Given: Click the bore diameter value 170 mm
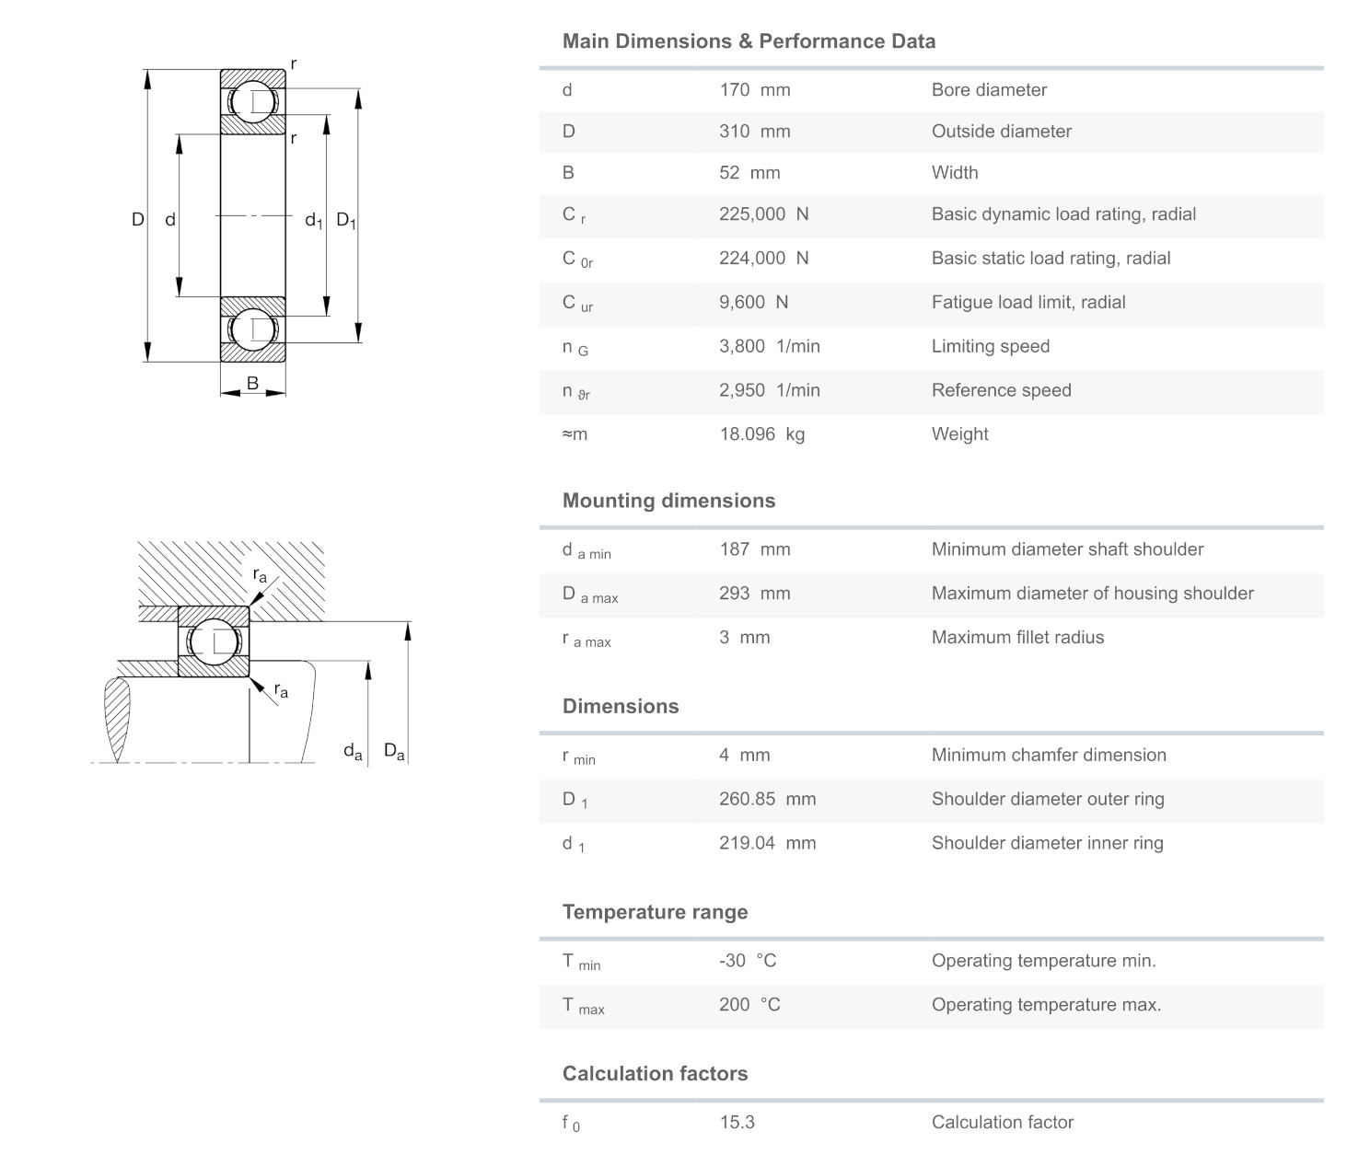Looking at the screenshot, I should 754,90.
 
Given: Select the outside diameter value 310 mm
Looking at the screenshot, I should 754,132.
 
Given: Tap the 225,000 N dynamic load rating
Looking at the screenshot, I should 763,214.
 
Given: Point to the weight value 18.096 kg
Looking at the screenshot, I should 761,434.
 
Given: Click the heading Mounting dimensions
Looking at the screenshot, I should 668,501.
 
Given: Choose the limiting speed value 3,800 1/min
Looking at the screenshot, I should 769,347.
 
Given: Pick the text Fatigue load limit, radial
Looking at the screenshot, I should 1027,303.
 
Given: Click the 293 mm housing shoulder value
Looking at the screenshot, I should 754,594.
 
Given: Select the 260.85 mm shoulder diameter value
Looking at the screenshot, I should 767,800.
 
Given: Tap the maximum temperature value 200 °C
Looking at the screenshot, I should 749,1005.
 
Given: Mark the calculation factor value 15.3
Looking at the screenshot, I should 737,1123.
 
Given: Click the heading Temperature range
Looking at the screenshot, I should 655,912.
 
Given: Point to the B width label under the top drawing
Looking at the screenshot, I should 252,384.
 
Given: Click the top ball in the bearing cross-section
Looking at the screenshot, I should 252,102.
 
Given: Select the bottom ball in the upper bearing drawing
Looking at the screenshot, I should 252,329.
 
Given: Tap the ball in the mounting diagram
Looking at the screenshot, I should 214,641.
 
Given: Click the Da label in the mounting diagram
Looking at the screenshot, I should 393,752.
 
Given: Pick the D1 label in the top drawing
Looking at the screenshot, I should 345,220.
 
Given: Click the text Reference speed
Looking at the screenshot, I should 1001,390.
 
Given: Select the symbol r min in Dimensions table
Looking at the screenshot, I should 578,757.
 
